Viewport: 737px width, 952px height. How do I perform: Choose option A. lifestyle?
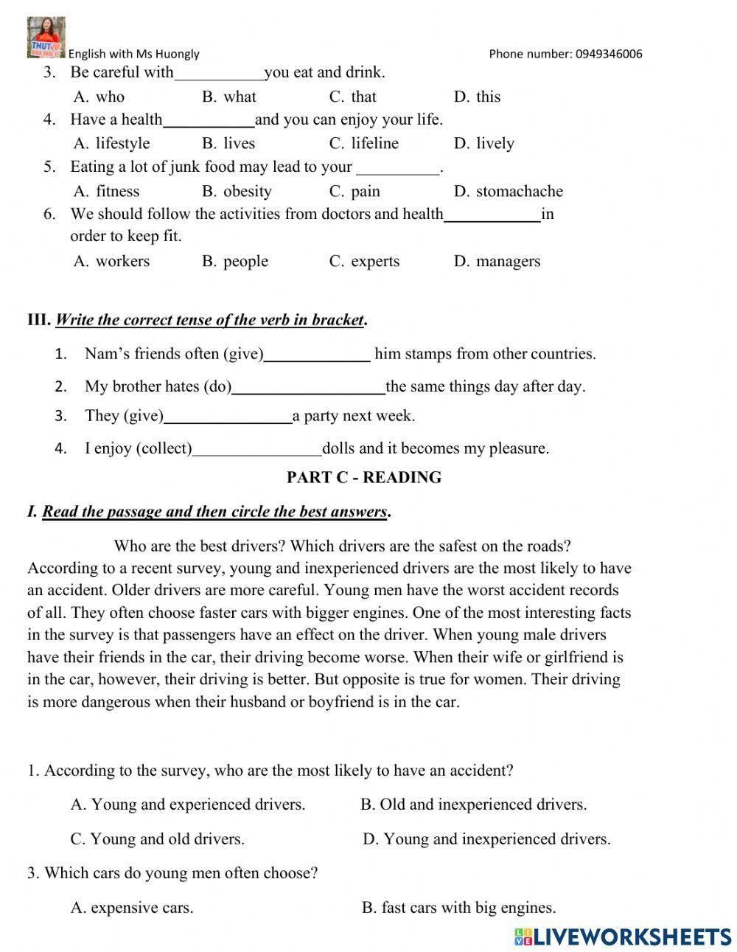point(111,144)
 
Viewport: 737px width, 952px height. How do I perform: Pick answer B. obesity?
point(237,192)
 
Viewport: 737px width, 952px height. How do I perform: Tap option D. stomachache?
point(508,192)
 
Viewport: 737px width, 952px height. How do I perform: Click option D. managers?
point(497,262)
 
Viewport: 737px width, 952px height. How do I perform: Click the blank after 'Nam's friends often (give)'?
point(317,355)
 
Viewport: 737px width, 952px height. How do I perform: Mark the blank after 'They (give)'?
point(228,417)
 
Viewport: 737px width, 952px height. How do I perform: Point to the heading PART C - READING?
point(364,478)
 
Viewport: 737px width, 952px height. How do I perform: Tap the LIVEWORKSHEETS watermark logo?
point(623,937)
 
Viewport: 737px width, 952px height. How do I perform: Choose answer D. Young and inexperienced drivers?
point(486,839)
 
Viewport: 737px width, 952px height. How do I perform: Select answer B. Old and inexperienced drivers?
point(473,805)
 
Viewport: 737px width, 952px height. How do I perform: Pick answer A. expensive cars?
point(132,908)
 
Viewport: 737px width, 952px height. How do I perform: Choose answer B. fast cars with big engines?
point(458,908)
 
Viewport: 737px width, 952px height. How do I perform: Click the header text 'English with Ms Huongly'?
point(133,54)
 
